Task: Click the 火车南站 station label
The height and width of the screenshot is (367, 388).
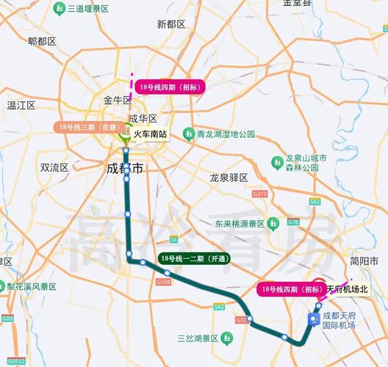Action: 150,135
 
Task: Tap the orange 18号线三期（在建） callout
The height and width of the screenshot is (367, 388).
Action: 87,127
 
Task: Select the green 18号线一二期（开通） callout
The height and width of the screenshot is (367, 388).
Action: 194,258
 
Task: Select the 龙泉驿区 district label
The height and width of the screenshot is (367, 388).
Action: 229,178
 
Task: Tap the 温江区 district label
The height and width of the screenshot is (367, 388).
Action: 21,105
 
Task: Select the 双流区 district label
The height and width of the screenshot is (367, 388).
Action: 54,167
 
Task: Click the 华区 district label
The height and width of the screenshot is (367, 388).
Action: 143,118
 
